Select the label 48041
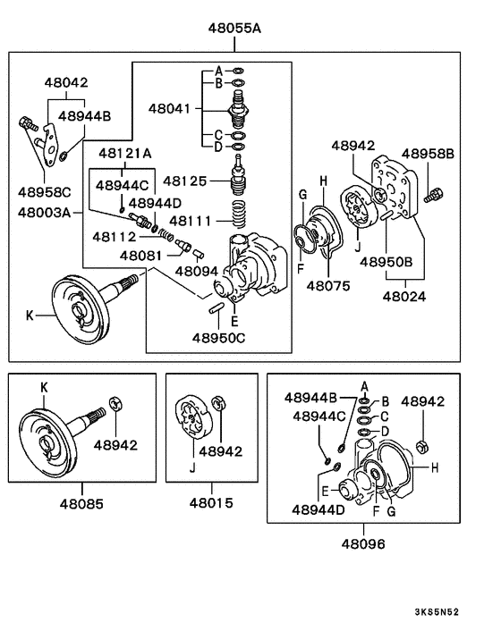[171, 109]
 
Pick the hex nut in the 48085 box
[113, 404]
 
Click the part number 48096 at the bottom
[363, 543]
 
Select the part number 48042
[66, 82]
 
